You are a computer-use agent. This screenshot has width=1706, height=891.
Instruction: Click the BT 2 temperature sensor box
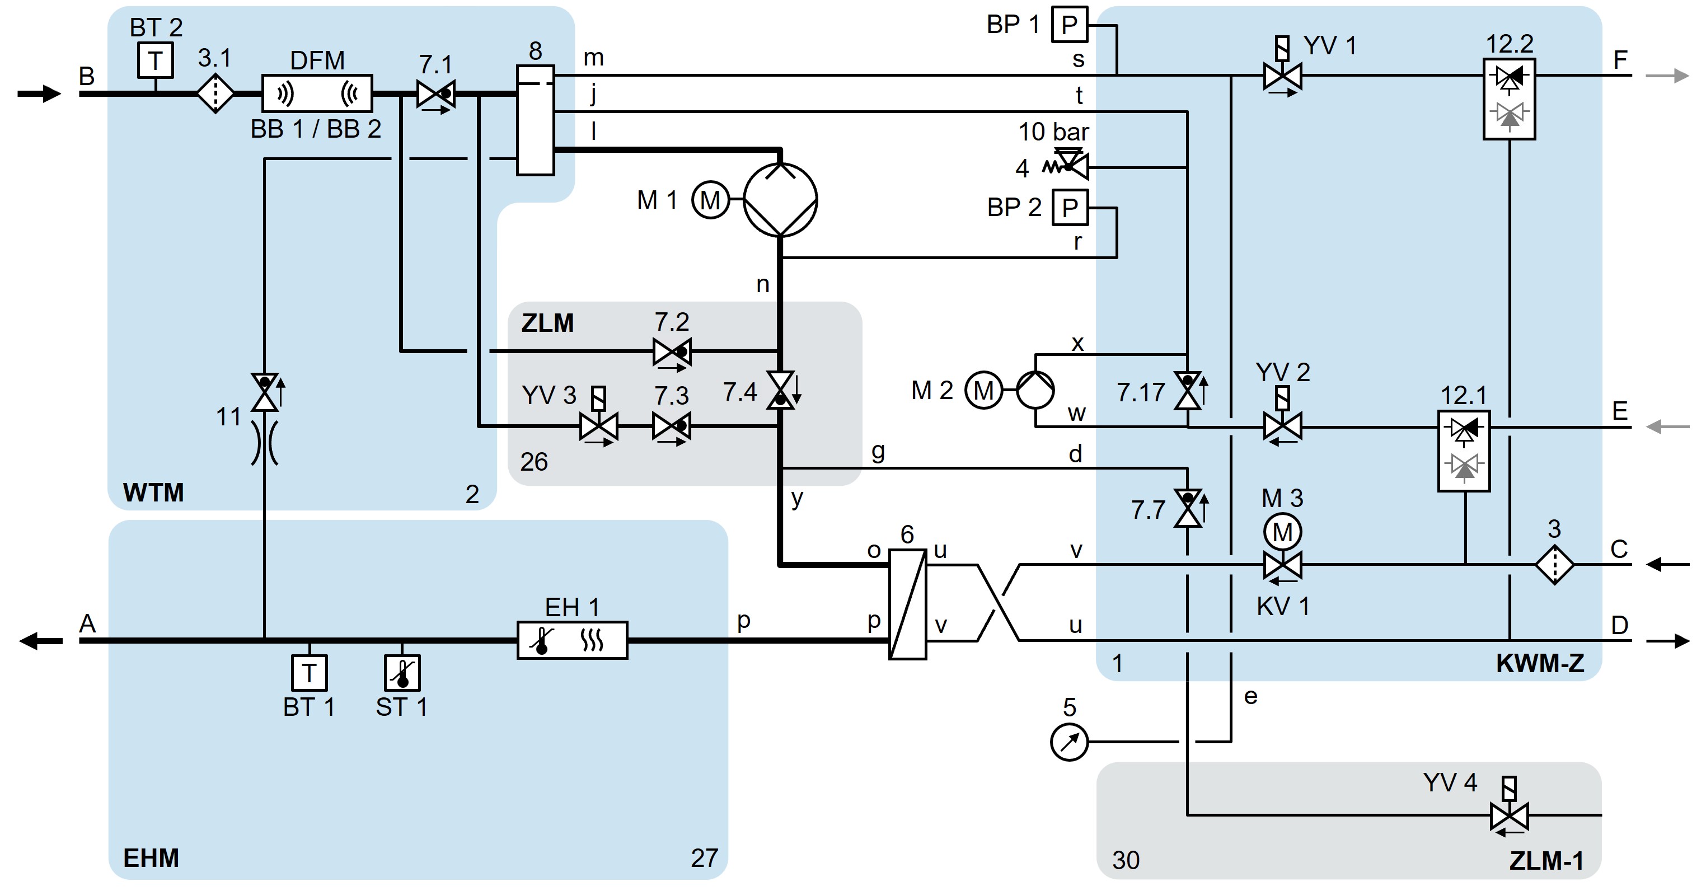pyautogui.click(x=156, y=60)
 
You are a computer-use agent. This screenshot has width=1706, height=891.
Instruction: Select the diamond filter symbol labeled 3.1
pyautogui.click(x=215, y=93)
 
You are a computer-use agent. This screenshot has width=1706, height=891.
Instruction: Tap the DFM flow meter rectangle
pyautogui.click(x=317, y=93)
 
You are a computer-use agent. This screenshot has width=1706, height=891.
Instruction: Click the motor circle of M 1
pyautogui.click(x=710, y=200)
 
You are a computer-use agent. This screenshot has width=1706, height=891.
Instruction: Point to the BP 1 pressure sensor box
pyautogui.click(x=1070, y=25)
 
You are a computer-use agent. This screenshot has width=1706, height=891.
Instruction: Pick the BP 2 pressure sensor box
pyautogui.click(x=1070, y=207)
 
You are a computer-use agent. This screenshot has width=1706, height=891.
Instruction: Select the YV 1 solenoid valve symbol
pyautogui.click(x=1283, y=76)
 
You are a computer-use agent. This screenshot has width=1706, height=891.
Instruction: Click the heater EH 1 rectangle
pyautogui.click(x=572, y=640)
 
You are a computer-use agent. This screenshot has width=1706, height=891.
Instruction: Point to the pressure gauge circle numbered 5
pyautogui.click(x=1070, y=742)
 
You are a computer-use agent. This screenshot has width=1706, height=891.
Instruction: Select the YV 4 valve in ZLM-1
pyautogui.click(x=1510, y=815)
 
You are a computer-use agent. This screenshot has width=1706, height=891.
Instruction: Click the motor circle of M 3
pyautogui.click(x=1283, y=532)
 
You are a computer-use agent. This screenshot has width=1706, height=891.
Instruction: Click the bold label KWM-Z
pyautogui.click(x=1540, y=664)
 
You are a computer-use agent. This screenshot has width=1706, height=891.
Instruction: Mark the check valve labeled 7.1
pyautogui.click(x=436, y=94)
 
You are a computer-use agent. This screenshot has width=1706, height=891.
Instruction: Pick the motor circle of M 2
pyautogui.click(x=983, y=390)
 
